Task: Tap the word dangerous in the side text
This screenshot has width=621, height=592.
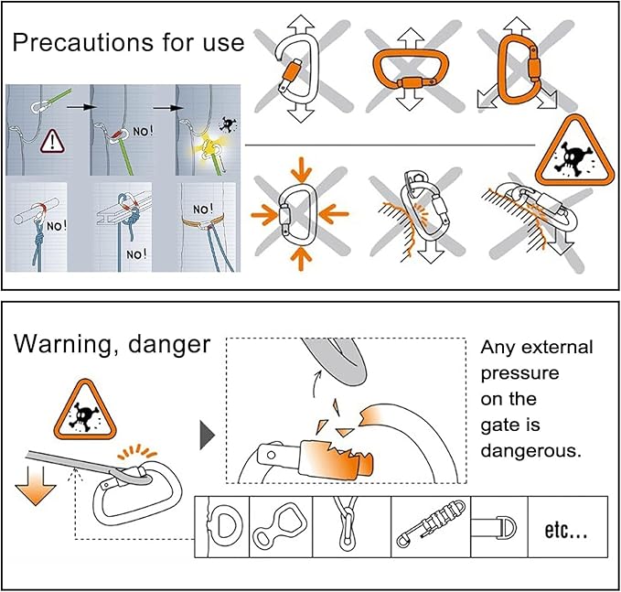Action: click(530, 451)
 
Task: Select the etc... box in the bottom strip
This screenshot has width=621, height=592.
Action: click(568, 527)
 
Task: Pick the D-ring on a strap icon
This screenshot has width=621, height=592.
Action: click(499, 527)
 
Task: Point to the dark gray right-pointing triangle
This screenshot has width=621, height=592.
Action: click(207, 436)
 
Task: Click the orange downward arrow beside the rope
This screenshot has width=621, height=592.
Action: click(36, 486)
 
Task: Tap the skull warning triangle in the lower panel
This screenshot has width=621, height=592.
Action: click(85, 411)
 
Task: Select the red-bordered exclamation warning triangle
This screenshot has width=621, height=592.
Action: click(52, 142)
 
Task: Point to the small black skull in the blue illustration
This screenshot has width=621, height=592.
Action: click(227, 124)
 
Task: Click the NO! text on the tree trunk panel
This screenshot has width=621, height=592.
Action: click(203, 209)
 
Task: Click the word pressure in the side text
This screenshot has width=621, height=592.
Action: click(519, 373)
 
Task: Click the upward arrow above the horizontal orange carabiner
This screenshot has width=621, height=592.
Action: click(411, 38)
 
